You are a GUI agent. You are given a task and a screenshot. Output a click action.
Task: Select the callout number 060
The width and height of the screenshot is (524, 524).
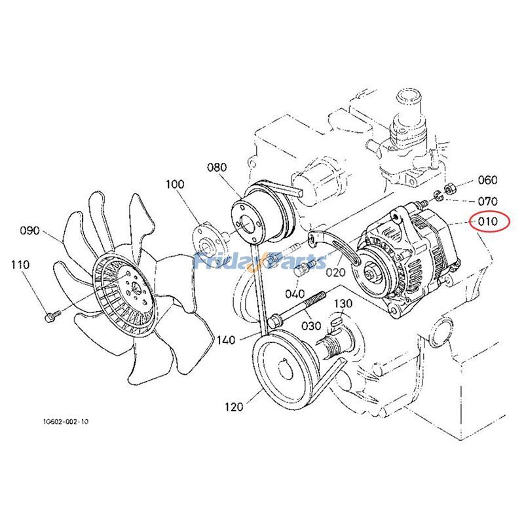click(487, 180)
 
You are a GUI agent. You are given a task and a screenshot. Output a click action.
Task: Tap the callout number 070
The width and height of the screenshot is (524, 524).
click(487, 201)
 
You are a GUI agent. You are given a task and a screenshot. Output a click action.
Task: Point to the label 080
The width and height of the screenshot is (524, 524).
click(217, 168)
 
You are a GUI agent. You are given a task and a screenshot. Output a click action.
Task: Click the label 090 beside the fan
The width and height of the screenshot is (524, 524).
click(31, 231)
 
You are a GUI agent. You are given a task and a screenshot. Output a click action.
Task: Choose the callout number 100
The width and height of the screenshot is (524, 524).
click(175, 185)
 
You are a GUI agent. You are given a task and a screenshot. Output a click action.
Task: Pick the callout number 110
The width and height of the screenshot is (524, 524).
click(20, 265)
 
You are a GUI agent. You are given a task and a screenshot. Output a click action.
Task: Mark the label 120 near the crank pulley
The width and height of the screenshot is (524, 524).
click(233, 407)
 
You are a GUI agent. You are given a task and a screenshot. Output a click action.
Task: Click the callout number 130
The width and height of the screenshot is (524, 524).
click(343, 304)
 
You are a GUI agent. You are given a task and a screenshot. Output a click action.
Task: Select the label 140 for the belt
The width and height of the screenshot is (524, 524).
click(227, 341)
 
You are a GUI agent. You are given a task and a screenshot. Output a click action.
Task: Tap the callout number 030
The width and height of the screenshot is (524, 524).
click(311, 326)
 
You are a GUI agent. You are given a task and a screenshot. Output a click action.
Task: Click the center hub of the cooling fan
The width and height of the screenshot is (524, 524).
click(133, 288)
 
